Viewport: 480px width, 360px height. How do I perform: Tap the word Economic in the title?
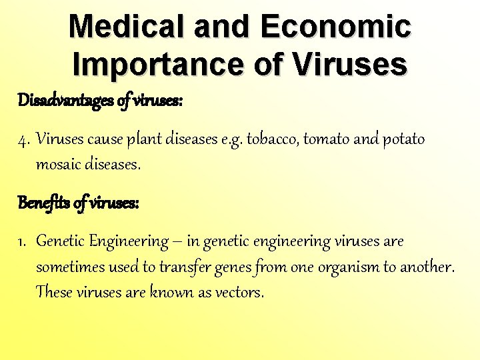[x=335, y=27]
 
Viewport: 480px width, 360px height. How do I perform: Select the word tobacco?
[x=273, y=140]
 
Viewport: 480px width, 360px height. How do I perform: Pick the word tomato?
[x=326, y=140]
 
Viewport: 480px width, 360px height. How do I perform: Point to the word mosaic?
[x=58, y=165]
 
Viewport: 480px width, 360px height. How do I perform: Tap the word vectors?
[x=239, y=292]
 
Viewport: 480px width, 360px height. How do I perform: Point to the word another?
[x=426, y=267]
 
